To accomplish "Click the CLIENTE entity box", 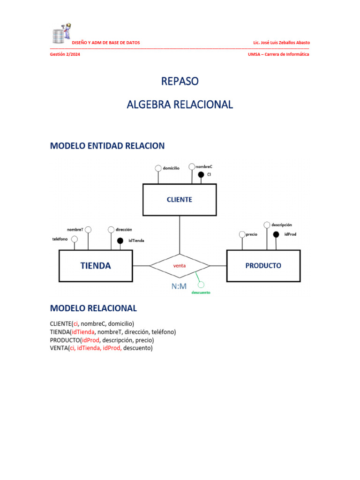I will (x=180, y=200).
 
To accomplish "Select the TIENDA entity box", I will (x=96, y=266).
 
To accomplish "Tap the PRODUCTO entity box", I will (x=263, y=266).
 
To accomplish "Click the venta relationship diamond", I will (x=180, y=266).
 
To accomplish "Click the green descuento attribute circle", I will (x=201, y=285).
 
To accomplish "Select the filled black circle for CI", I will (x=201, y=174).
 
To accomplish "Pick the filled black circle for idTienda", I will (x=120, y=240).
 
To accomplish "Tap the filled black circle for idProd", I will (x=276, y=234).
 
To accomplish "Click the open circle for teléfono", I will (x=74, y=239).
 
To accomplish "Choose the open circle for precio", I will (x=242, y=234).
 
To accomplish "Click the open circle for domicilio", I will (x=158, y=168).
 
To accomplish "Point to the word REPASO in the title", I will (x=180, y=81).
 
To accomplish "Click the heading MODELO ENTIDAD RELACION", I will (x=107, y=146).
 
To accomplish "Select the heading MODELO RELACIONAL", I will (x=93, y=308).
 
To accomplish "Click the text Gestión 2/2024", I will (x=65, y=54).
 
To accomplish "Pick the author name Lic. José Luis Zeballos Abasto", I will (x=281, y=43).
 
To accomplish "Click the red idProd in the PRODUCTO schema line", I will (x=90, y=340).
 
